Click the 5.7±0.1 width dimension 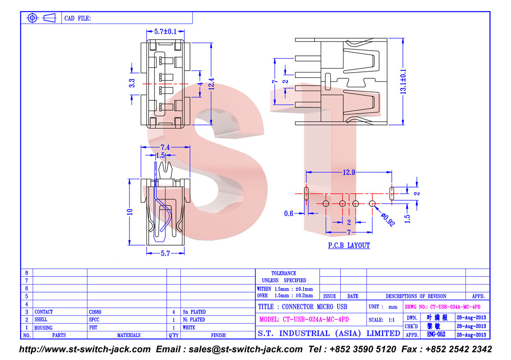pyautogui.click(x=165, y=32)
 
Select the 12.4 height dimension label pyautogui.click(x=211, y=84)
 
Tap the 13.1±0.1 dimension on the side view pyautogui.click(x=403, y=81)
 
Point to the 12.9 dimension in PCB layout pyautogui.click(x=349, y=172)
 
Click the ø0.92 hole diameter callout pyautogui.click(x=388, y=220)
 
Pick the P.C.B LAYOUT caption pyautogui.click(x=349, y=246)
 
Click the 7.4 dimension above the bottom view pyautogui.click(x=165, y=147)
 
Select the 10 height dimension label pyautogui.click(x=130, y=212)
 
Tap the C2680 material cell pyautogui.click(x=95, y=312)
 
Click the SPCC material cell pyautogui.click(x=94, y=320)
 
